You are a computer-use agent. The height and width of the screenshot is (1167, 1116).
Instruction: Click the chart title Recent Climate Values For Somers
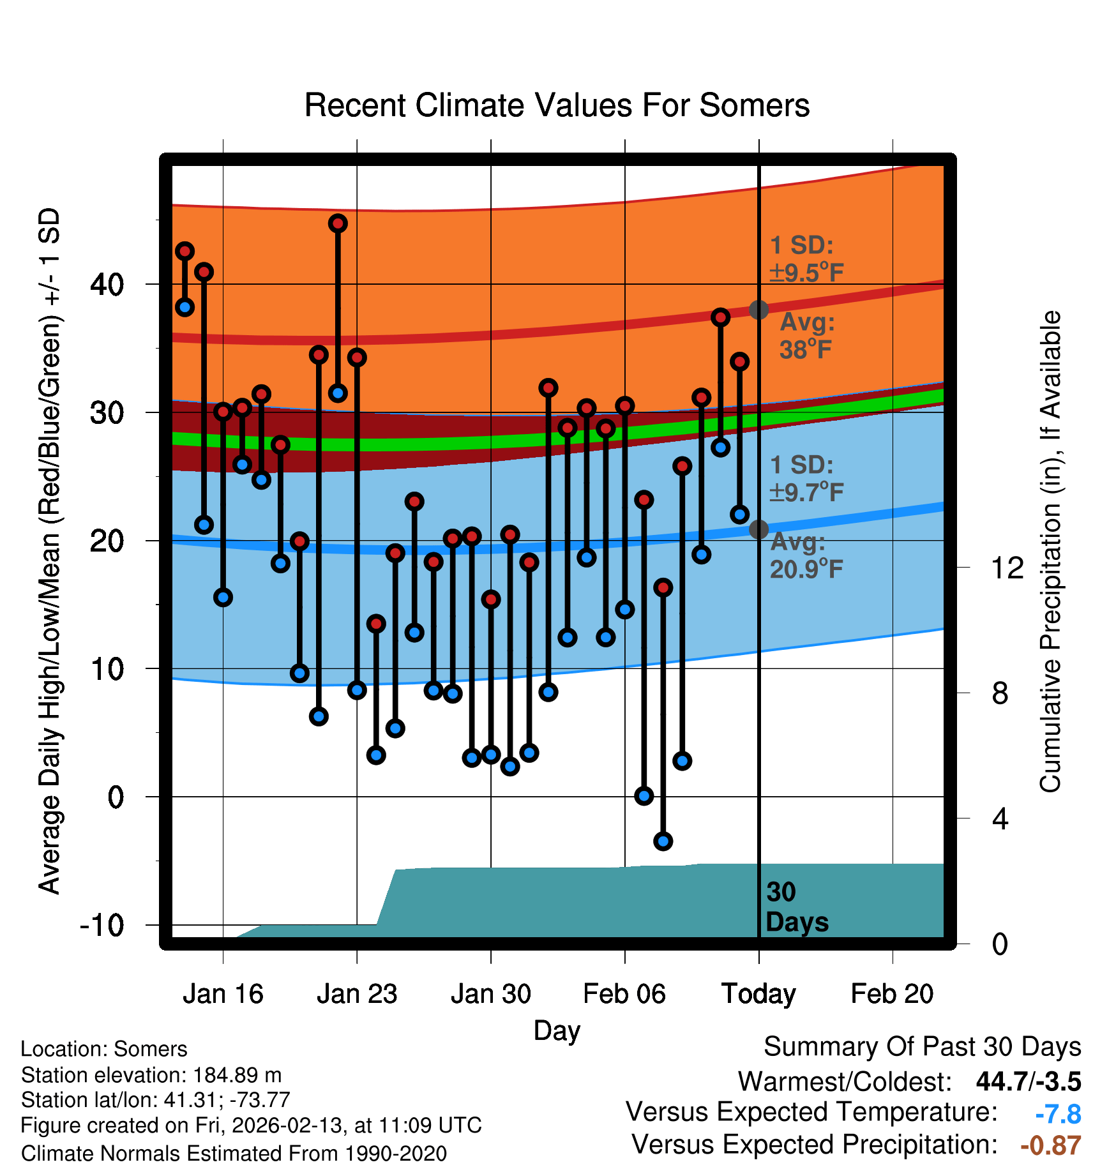[x=557, y=105]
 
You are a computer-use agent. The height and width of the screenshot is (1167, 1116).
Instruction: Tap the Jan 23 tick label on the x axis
[x=357, y=994]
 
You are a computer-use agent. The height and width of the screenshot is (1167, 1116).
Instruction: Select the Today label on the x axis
[x=758, y=994]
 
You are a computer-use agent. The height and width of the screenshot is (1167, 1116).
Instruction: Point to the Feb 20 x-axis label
[x=892, y=994]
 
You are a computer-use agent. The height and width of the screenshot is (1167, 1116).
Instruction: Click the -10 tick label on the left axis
[x=102, y=925]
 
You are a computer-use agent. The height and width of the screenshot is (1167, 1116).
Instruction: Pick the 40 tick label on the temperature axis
[x=107, y=284]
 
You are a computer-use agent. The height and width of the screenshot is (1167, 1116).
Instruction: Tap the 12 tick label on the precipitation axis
[x=1007, y=568]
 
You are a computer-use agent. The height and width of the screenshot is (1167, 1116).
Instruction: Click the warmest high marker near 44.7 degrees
[x=338, y=223]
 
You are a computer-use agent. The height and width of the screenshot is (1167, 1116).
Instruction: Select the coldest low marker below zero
[x=663, y=841]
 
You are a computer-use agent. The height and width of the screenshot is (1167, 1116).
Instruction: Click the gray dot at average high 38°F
[x=758, y=310]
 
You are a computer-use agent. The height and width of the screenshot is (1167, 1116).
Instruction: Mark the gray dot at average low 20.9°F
[x=758, y=529]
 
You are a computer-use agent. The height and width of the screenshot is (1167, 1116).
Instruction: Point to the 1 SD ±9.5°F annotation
[x=806, y=259]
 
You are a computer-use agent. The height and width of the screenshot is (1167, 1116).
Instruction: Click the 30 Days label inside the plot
[x=796, y=907]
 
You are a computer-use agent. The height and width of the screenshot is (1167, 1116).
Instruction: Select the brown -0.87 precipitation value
[x=1050, y=1145]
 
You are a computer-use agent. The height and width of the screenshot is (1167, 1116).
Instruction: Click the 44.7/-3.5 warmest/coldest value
[x=1028, y=1081]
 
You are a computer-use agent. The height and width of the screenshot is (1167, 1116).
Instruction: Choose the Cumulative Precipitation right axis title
[x=1050, y=552]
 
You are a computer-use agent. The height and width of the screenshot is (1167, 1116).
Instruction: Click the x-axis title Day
[x=557, y=1030]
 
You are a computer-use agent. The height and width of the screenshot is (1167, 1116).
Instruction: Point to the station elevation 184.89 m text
[x=151, y=1075]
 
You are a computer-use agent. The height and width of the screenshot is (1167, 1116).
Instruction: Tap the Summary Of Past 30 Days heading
[x=922, y=1047]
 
